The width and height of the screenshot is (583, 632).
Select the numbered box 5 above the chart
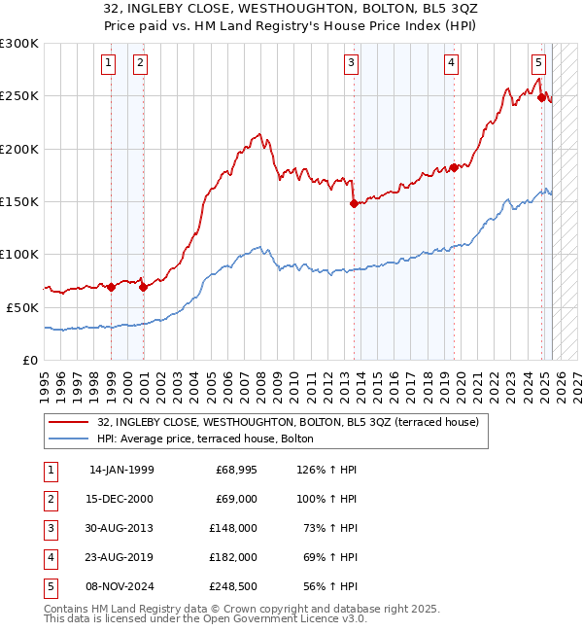pos(538,63)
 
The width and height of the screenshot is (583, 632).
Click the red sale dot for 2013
pos(354,203)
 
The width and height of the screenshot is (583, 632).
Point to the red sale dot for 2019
pos(454,167)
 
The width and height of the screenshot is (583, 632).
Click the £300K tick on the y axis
pos(19,44)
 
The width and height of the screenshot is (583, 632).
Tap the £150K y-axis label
pos(19,201)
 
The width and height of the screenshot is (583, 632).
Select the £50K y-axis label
pos(23,306)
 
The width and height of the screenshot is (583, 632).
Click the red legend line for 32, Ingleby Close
pos(68,422)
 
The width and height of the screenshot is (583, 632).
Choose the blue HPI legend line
pos(68,439)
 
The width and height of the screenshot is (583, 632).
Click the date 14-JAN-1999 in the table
pos(121,470)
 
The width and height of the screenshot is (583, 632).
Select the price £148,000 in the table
pos(234,528)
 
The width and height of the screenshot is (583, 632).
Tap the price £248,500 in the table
pos(234,586)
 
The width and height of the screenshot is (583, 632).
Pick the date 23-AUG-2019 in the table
pos(121,557)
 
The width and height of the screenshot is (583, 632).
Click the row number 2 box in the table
pos(50,499)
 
